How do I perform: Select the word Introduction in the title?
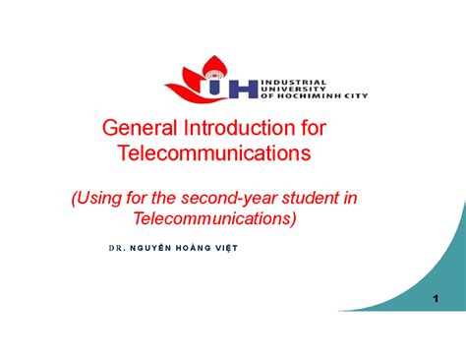coord(232,129)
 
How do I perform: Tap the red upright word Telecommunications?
coord(213,153)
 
